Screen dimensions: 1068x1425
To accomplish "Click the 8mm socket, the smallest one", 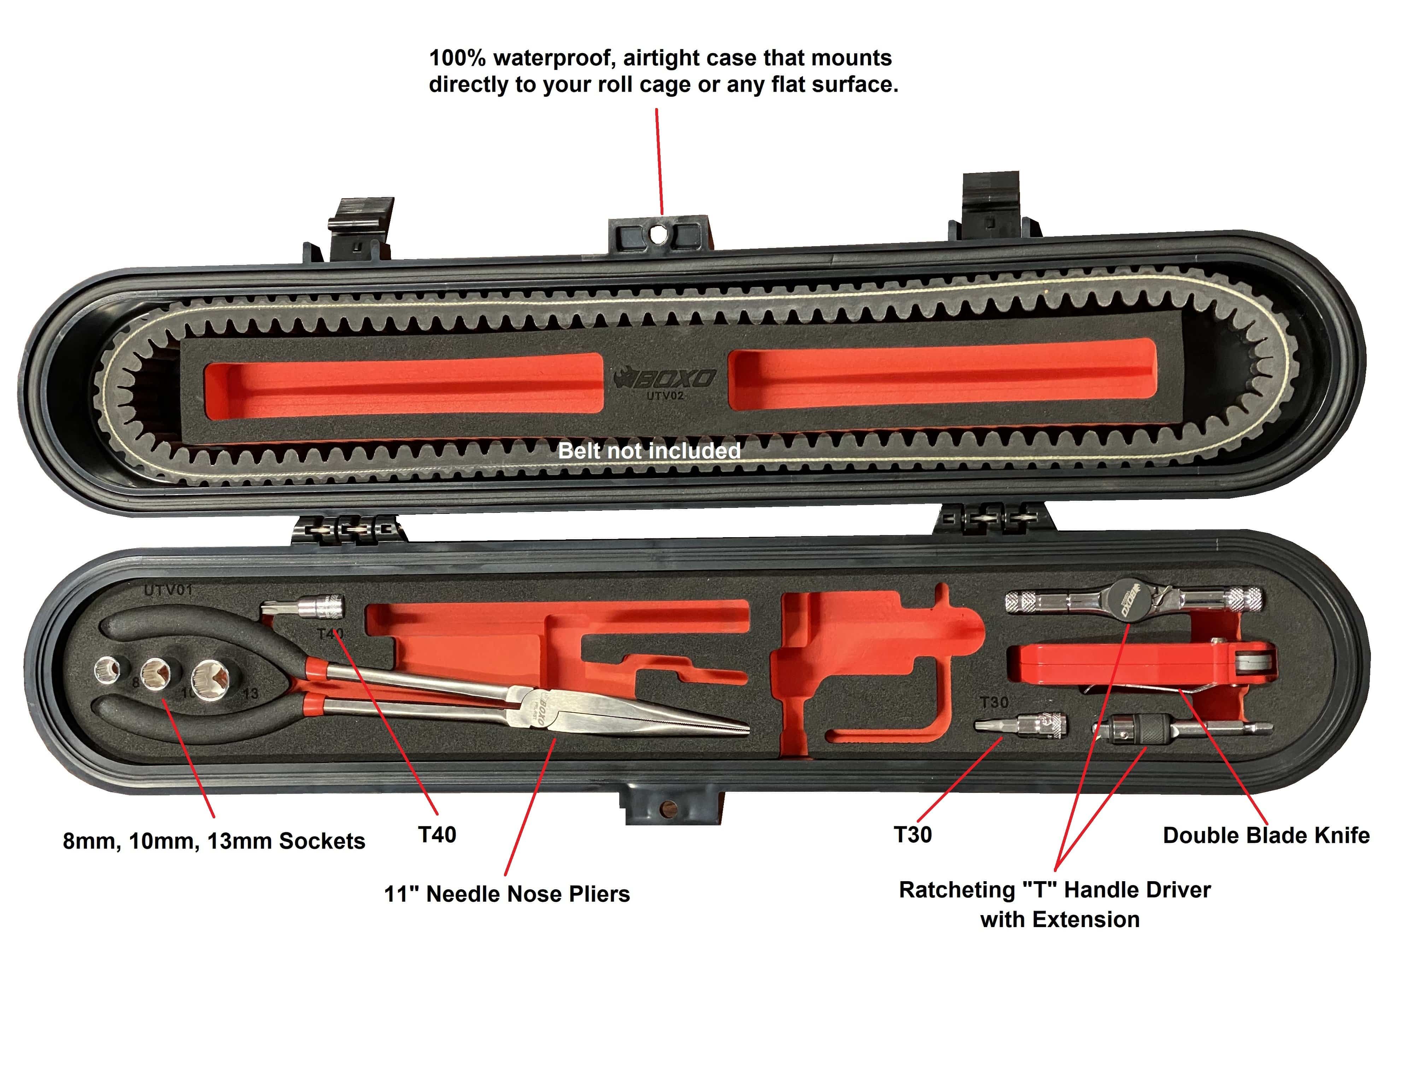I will click(x=107, y=671).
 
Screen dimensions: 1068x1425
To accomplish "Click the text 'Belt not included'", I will click(x=649, y=451).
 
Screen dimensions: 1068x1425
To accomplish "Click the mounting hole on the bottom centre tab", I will click(x=670, y=808).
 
